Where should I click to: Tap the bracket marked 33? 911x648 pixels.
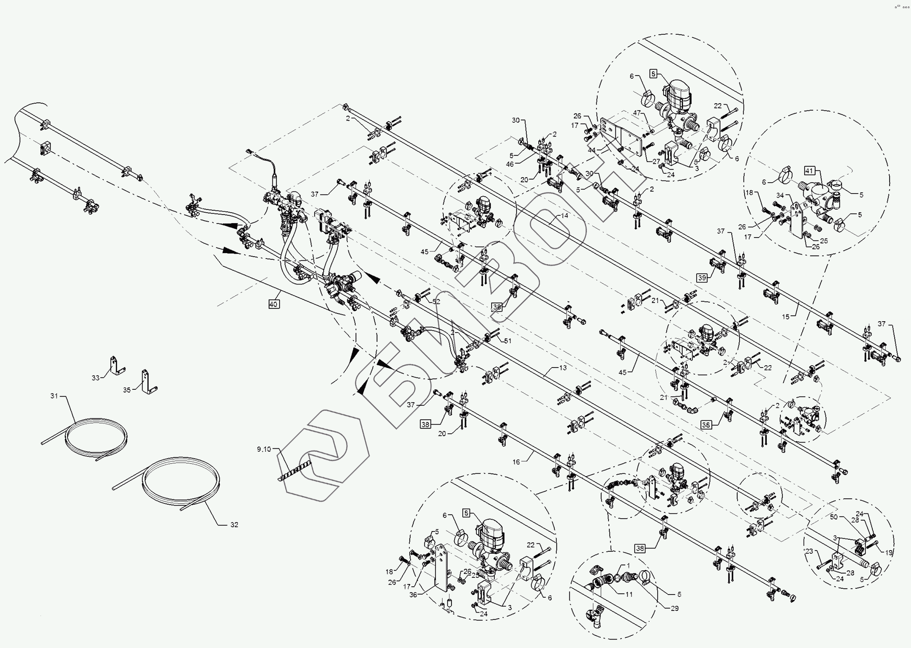116,366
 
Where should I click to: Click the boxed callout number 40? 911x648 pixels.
273,304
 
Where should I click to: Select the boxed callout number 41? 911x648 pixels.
809,171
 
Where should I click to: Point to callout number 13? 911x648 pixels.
563,368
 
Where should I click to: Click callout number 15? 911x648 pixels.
786,317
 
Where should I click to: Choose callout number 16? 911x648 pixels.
516,462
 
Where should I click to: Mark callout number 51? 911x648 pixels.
508,341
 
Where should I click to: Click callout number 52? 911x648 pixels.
436,302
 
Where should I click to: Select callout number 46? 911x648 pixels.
510,164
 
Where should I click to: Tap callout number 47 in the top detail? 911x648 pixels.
637,113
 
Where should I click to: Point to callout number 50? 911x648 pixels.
834,517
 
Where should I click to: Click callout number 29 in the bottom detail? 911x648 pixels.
675,608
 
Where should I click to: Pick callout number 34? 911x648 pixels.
780,196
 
